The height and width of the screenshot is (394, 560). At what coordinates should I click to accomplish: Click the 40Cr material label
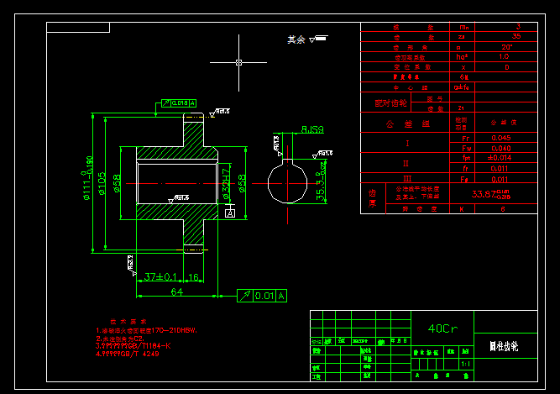(x=442, y=328)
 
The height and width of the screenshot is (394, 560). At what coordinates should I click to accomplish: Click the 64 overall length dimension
(x=177, y=292)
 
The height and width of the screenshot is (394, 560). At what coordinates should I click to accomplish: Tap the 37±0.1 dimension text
(x=161, y=276)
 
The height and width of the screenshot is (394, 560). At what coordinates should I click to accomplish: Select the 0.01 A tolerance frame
(x=262, y=295)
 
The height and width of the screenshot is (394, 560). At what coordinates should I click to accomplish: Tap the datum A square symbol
(x=228, y=214)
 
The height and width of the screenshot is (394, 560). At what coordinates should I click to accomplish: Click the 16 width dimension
(x=193, y=276)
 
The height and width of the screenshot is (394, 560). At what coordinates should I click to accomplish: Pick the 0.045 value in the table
(x=500, y=137)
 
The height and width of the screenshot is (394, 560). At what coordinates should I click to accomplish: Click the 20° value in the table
(x=505, y=46)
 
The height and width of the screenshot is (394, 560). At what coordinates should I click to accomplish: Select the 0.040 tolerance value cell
(x=500, y=148)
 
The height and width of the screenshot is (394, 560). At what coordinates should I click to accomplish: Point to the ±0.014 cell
(x=500, y=157)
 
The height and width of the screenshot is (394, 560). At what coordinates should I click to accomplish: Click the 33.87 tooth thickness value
(x=490, y=194)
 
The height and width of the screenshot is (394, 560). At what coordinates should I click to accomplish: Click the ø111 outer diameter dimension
(x=86, y=186)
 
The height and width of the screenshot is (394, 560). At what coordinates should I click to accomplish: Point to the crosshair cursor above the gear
(x=239, y=62)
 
